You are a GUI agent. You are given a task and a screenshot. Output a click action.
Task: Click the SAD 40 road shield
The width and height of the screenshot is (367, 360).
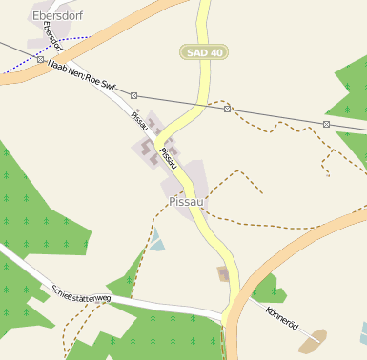coord(204,52)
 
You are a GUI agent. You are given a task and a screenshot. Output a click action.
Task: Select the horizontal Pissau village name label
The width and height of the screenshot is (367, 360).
coord(187,202)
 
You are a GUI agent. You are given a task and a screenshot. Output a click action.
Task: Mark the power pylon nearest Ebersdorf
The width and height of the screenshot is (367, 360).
coord(40,59)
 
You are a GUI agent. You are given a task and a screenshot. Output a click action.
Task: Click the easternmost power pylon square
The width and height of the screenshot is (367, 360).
coord(326,124)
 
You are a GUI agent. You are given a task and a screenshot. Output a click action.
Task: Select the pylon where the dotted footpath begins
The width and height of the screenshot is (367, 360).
coord(227,109)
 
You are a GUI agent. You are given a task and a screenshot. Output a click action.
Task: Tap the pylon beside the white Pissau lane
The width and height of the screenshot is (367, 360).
coord(134,95)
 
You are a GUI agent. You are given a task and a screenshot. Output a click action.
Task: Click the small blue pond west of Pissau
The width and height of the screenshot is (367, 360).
coord(157,245)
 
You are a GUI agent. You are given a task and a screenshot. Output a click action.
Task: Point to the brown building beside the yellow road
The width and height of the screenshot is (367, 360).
coord(224,275)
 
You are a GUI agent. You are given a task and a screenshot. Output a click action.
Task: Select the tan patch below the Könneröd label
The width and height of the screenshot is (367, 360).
coord(311,341)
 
